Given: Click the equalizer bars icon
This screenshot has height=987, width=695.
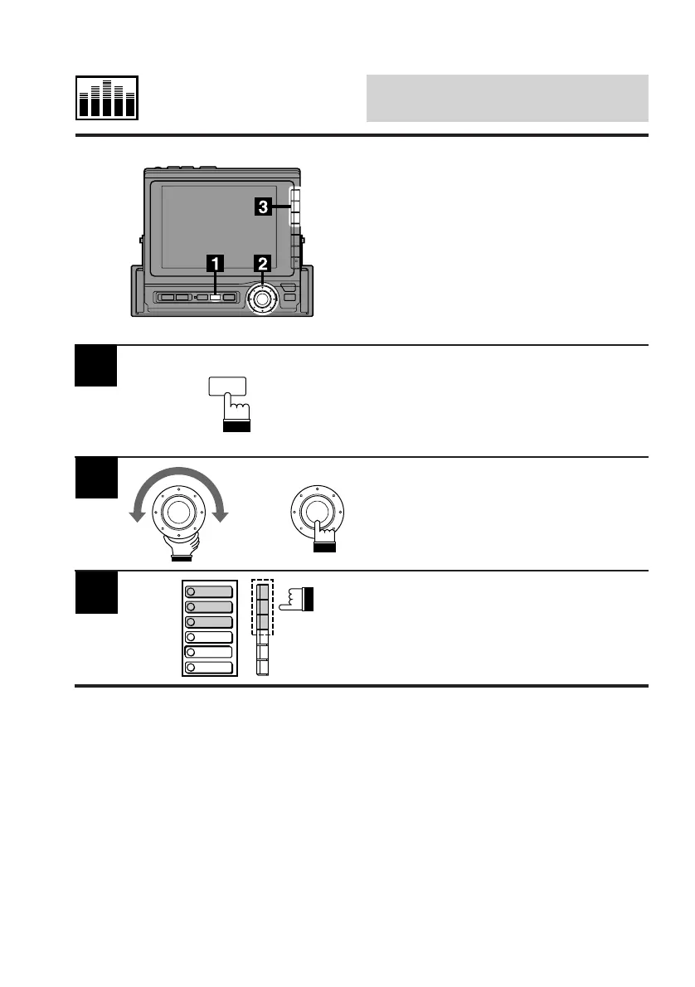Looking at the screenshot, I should click(x=107, y=98).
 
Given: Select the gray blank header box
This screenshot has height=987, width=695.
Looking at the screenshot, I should click(x=507, y=98).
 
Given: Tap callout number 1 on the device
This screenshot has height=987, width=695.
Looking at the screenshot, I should click(x=216, y=264).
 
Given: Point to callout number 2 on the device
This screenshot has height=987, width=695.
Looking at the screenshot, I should click(x=263, y=264).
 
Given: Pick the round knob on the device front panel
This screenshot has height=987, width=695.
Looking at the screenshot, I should click(x=263, y=298).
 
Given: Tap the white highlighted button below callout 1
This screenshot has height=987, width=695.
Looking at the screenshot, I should click(x=216, y=296).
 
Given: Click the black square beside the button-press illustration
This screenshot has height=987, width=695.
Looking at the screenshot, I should click(x=96, y=366).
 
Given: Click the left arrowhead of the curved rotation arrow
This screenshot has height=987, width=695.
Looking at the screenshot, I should click(x=132, y=518).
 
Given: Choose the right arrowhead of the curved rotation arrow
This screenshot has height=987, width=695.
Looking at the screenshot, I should click(x=220, y=518).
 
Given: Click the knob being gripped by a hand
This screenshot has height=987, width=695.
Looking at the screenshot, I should click(x=176, y=510).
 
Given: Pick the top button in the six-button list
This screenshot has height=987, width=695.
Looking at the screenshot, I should click(x=210, y=592).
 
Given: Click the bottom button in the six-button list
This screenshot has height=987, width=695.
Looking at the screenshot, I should click(x=210, y=667).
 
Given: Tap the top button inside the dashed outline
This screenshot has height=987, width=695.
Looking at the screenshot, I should click(x=263, y=592).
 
